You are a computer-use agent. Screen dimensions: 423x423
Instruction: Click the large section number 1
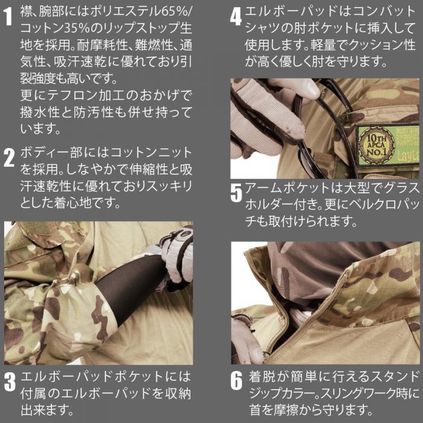click(9, 16)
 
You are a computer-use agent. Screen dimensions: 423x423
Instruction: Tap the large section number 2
click(9, 158)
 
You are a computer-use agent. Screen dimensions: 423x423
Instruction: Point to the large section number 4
click(236, 17)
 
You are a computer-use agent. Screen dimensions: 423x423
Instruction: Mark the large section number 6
click(237, 381)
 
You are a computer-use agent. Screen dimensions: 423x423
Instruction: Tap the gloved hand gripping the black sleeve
click(175, 259)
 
